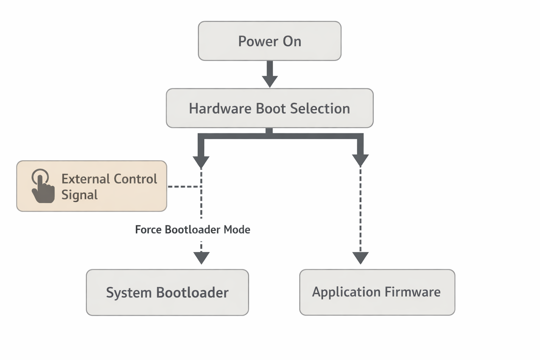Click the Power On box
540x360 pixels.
(270, 41)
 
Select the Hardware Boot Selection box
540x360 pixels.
(270, 108)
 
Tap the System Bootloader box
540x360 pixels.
(167, 292)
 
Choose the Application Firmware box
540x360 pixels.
(377, 292)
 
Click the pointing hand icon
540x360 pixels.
(43, 186)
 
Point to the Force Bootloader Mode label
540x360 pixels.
(193, 230)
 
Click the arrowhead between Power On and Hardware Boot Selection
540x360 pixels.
(270, 81)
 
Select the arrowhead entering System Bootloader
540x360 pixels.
(201, 258)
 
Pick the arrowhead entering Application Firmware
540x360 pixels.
(360, 258)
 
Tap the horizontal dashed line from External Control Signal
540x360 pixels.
(184, 186)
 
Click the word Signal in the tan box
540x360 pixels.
(79, 195)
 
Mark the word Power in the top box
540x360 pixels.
(258, 41)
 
